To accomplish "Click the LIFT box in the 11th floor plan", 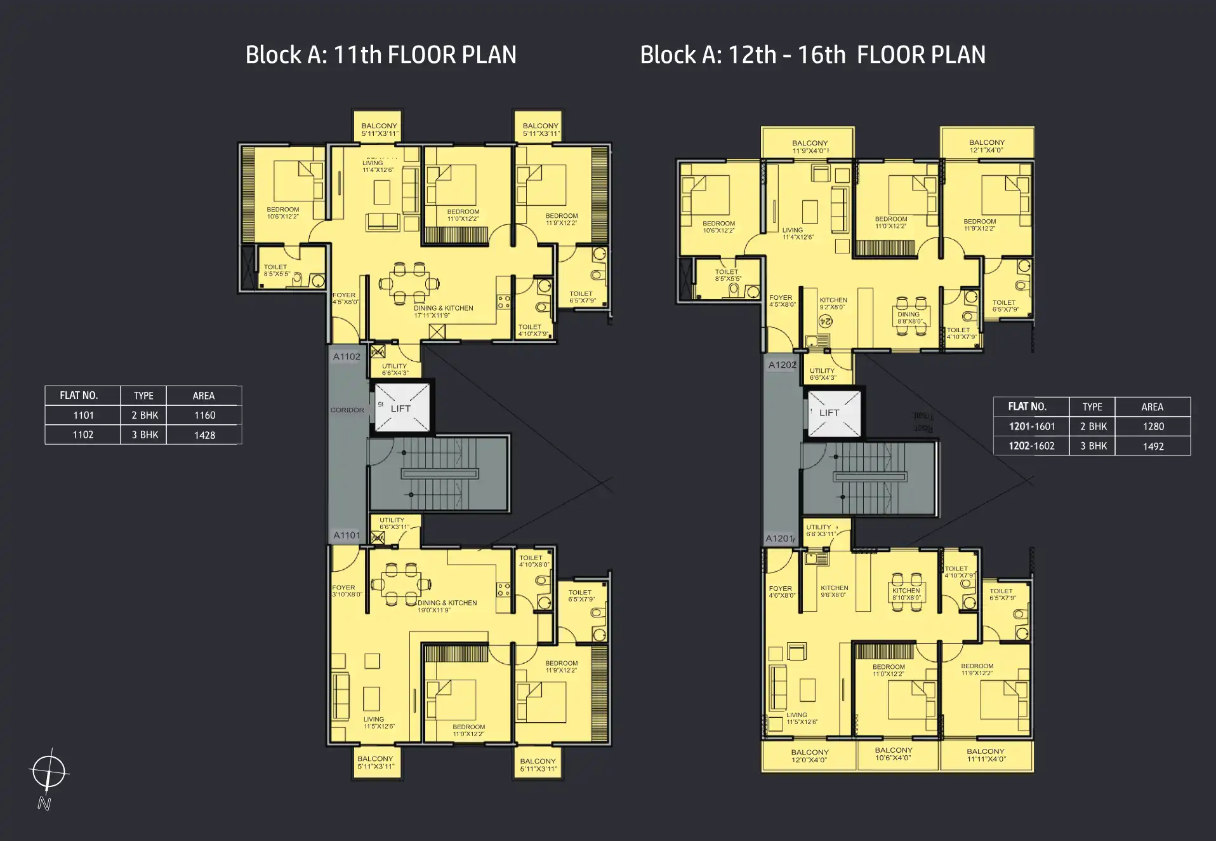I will pyautogui.click(x=401, y=408).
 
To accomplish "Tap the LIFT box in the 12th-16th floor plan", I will pyautogui.click(x=829, y=413).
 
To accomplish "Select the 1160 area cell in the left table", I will pyautogui.click(x=204, y=415).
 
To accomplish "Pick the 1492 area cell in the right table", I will pyautogui.click(x=1153, y=446).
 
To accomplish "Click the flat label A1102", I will pyautogui.click(x=347, y=357).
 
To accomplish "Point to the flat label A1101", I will pyautogui.click(x=347, y=535).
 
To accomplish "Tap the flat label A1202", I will pyautogui.click(x=782, y=365).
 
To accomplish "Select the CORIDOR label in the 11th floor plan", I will pyautogui.click(x=347, y=410).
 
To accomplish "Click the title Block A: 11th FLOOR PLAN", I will pyautogui.click(x=381, y=55).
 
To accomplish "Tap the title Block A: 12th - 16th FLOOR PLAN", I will pyautogui.click(x=812, y=55).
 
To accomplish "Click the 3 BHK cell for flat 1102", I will pyautogui.click(x=145, y=435).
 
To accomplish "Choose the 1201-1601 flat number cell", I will pyautogui.click(x=1031, y=427).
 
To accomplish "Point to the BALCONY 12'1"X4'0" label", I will pyautogui.click(x=986, y=147).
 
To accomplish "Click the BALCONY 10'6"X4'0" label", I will pyautogui.click(x=893, y=754).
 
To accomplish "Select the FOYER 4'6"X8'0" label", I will pyautogui.click(x=781, y=592).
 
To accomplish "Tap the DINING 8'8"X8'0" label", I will pyautogui.click(x=908, y=318).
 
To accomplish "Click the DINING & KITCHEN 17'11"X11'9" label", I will pyautogui.click(x=443, y=311).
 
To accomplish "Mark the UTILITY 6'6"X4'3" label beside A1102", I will pyautogui.click(x=394, y=369).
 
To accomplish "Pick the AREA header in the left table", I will pyautogui.click(x=204, y=396).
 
